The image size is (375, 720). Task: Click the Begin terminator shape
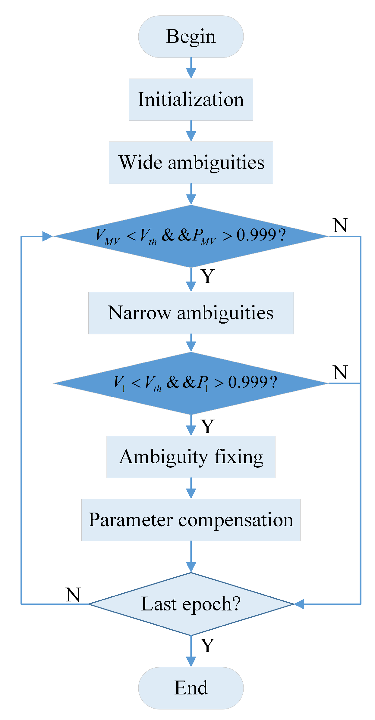(x=191, y=36)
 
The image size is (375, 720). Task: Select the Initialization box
(x=191, y=100)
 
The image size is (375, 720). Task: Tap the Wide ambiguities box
(x=191, y=163)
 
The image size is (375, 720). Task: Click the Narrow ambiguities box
(x=191, y=313)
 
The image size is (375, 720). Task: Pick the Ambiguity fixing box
(x=191, y=457)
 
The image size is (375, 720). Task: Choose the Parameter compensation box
(x=191, y=520)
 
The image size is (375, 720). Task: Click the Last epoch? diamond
(x=191, y=604)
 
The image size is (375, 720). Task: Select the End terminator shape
(x=191, y=688)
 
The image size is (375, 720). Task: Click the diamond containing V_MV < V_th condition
(x=191, y=236)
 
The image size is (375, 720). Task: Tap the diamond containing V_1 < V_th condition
(x=191, y=383)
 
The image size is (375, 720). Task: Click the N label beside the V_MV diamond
(x=340, y=225)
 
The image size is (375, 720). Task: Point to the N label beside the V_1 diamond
(x=340, y=372)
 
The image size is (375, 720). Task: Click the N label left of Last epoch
(x=73, y=594)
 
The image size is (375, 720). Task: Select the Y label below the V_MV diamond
(x=207, y=276)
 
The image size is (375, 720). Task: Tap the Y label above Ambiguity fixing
(x=207, y=426)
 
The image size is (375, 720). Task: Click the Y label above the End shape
(x=207, y=646)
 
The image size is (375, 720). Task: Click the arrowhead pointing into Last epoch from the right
(x=299, y=604)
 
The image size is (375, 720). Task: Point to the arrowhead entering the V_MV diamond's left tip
(x=47, y=236)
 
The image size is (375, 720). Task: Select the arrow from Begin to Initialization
(x=191, y=68)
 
